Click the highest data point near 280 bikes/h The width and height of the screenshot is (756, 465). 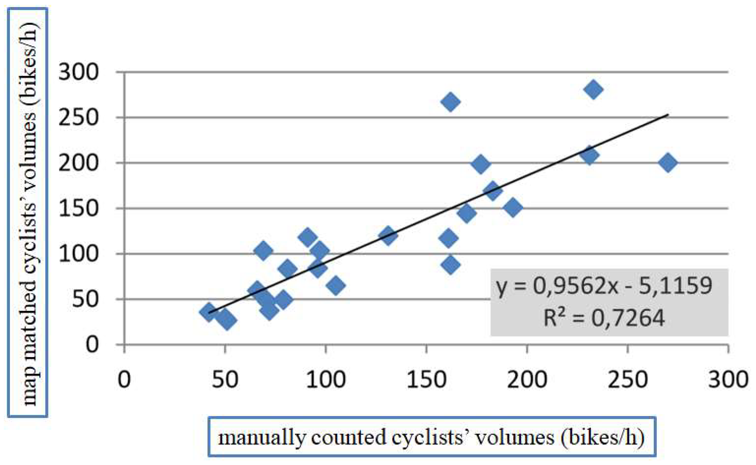point(593,90)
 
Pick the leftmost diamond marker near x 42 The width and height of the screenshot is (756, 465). point(209,312)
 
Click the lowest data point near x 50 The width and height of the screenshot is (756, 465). point(227,320)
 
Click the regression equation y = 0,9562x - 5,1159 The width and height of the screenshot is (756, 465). point(604,285)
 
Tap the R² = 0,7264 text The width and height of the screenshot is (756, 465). point(604,318)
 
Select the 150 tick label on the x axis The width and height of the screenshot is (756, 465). point(426,380)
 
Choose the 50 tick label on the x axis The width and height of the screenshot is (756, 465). point(225,380)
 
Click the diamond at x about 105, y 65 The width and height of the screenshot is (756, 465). point(335,285)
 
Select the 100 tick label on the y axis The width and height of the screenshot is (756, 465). point(79,254)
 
